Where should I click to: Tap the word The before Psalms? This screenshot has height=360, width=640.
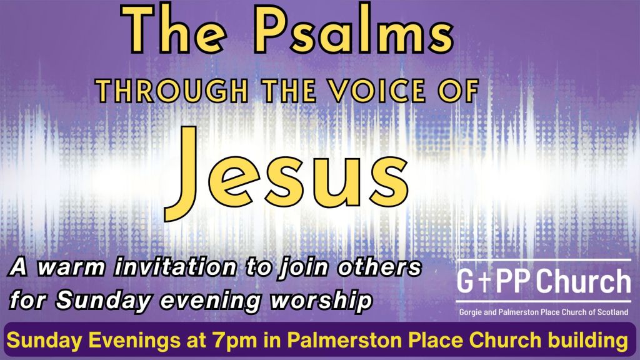click(174, 31)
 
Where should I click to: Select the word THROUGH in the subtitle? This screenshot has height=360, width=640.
click(173, 90)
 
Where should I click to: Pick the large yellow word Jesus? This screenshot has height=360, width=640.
click(286, 173)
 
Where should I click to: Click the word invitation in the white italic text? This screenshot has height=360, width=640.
click(176, 267)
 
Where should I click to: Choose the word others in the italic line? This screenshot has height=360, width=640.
click(379, 267)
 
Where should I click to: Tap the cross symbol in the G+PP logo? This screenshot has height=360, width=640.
click(484, 282)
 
